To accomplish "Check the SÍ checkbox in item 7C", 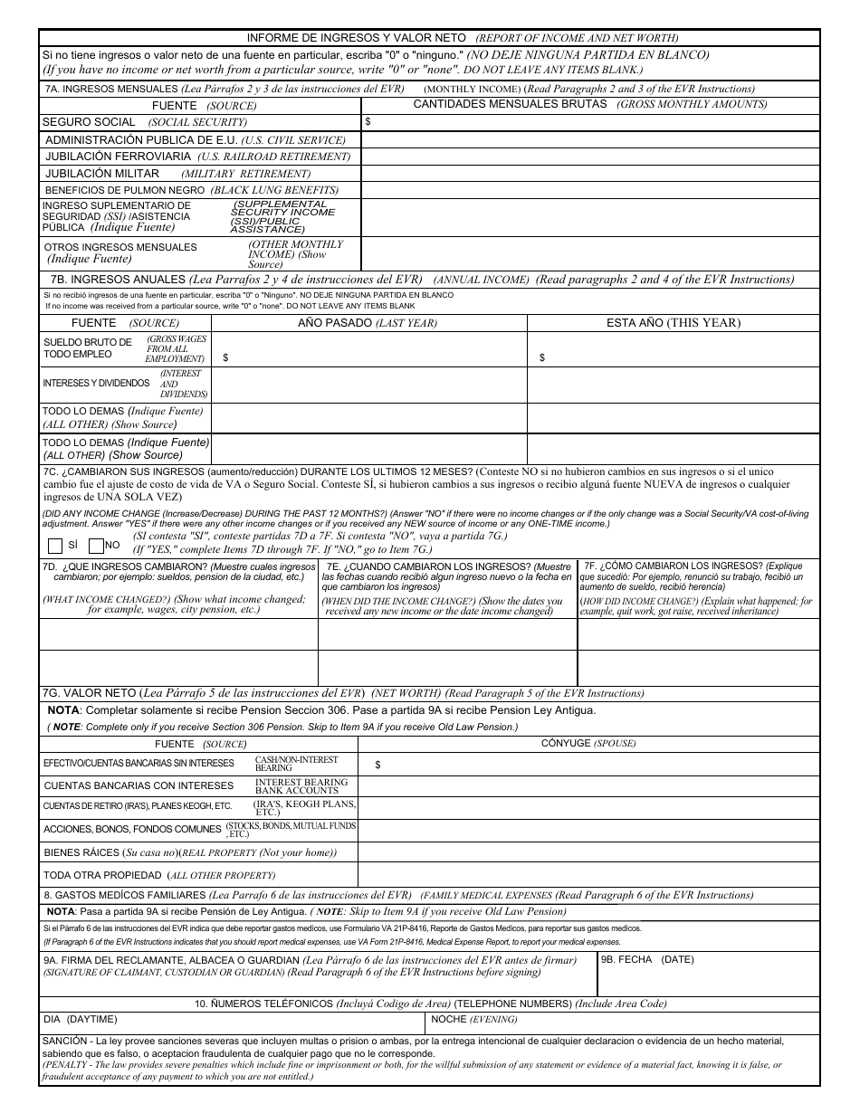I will click(55, 545).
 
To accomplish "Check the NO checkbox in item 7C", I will click(96, 545).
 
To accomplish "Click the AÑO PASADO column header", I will click(368, 323).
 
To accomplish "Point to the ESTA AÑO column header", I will click(673, 323).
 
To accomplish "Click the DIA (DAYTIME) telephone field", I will click(232, 1023).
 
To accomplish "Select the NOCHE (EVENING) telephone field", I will click(623, 1023).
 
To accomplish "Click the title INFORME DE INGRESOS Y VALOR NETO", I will click(358, 38).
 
